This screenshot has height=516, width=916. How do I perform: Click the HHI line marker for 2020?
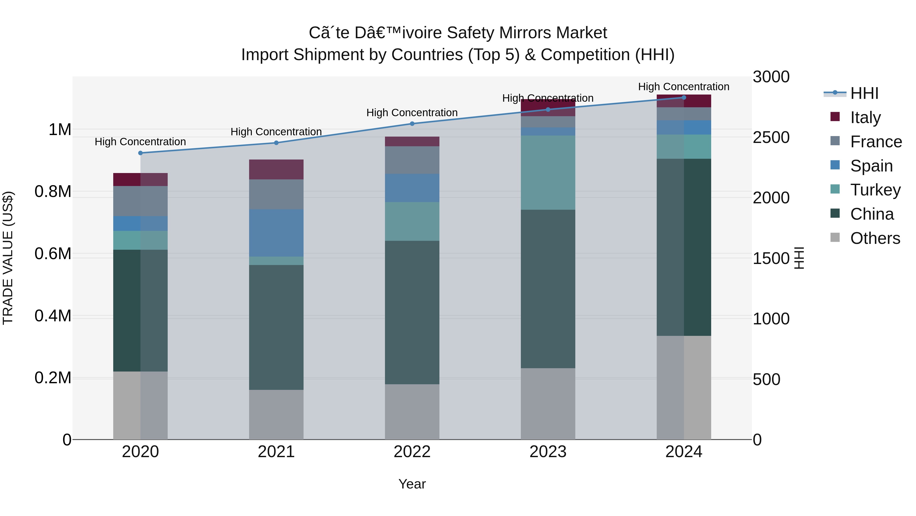coord(140,153)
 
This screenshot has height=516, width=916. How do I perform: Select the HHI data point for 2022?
coord(412,124)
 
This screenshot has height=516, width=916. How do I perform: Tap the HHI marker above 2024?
coord(684,97)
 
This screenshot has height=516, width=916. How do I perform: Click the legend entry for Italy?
coord(866,117)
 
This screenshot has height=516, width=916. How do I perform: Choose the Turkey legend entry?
coord(875,190)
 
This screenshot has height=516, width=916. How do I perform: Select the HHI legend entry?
coord(864,93)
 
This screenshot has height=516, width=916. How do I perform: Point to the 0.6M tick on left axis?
coord(53,254)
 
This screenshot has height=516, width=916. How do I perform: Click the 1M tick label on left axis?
coord(60,130)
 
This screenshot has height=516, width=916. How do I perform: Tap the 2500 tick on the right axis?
coord(771,137)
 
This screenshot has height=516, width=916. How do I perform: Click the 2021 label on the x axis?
coord(276,452)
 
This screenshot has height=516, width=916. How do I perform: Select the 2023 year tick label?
coord(548,452)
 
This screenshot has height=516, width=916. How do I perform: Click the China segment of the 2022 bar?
coord(412,312)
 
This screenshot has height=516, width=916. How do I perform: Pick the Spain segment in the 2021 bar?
coord(276,233)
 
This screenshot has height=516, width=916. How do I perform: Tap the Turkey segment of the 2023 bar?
coord(548,173)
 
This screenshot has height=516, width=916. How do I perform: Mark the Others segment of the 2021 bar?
coord(276,415)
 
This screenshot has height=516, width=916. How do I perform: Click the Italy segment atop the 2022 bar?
coord(412,141)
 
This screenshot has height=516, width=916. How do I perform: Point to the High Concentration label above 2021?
coord(276,132)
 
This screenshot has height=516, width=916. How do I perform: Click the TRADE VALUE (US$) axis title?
coord(8,258)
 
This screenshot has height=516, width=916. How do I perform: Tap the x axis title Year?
coord(412,484)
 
